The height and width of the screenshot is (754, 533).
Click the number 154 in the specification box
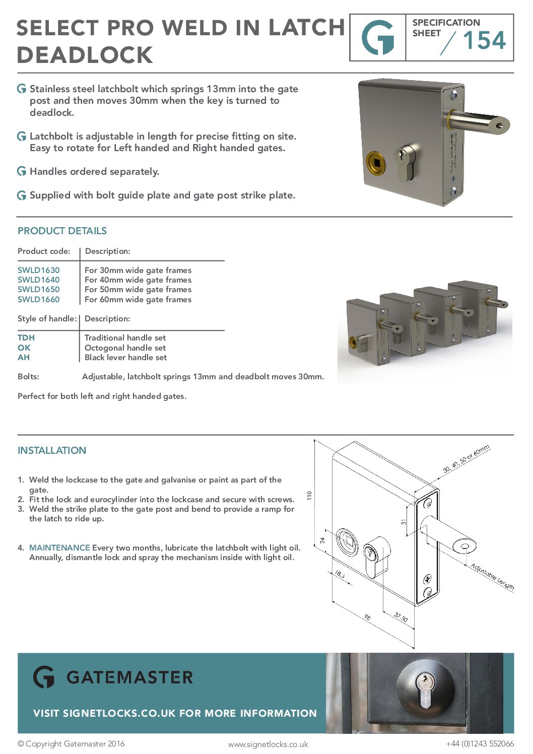tap(484, 41)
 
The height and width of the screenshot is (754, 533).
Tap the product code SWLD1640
tap(38, 280)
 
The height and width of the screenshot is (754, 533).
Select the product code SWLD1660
tap(38, 300)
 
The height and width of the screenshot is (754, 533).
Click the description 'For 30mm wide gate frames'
tap(138, 270)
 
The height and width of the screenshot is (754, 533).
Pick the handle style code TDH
tap(26, 338)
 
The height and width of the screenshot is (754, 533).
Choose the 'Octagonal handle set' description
tap(125, 348)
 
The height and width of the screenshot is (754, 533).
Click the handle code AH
tap(24, 358)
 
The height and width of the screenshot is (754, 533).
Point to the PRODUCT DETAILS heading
tap(62, 231)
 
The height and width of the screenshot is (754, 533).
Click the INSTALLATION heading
tap(52, 451)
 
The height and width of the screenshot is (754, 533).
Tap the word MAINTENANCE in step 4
tap(59, 548)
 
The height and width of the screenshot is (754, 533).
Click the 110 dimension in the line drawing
tap(309, 495)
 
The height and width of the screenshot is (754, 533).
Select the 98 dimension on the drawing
tap(367, 618)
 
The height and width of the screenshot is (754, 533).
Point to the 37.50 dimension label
tap(401, 617)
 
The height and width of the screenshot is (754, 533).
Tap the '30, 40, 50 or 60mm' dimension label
tap(466, 459)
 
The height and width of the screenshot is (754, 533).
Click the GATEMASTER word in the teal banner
tap(129, 677)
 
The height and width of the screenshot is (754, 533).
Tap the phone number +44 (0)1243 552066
tap(480, 744)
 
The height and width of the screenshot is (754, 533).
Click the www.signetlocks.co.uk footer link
tap(268, 744)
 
